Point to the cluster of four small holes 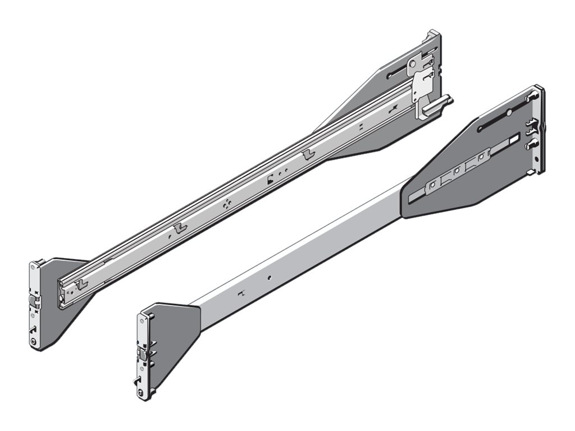(x=226, y=204)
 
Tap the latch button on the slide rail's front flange (x=34, y=303)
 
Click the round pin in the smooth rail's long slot (x=508, y=113)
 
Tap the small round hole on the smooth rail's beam (x=270, y=277)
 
